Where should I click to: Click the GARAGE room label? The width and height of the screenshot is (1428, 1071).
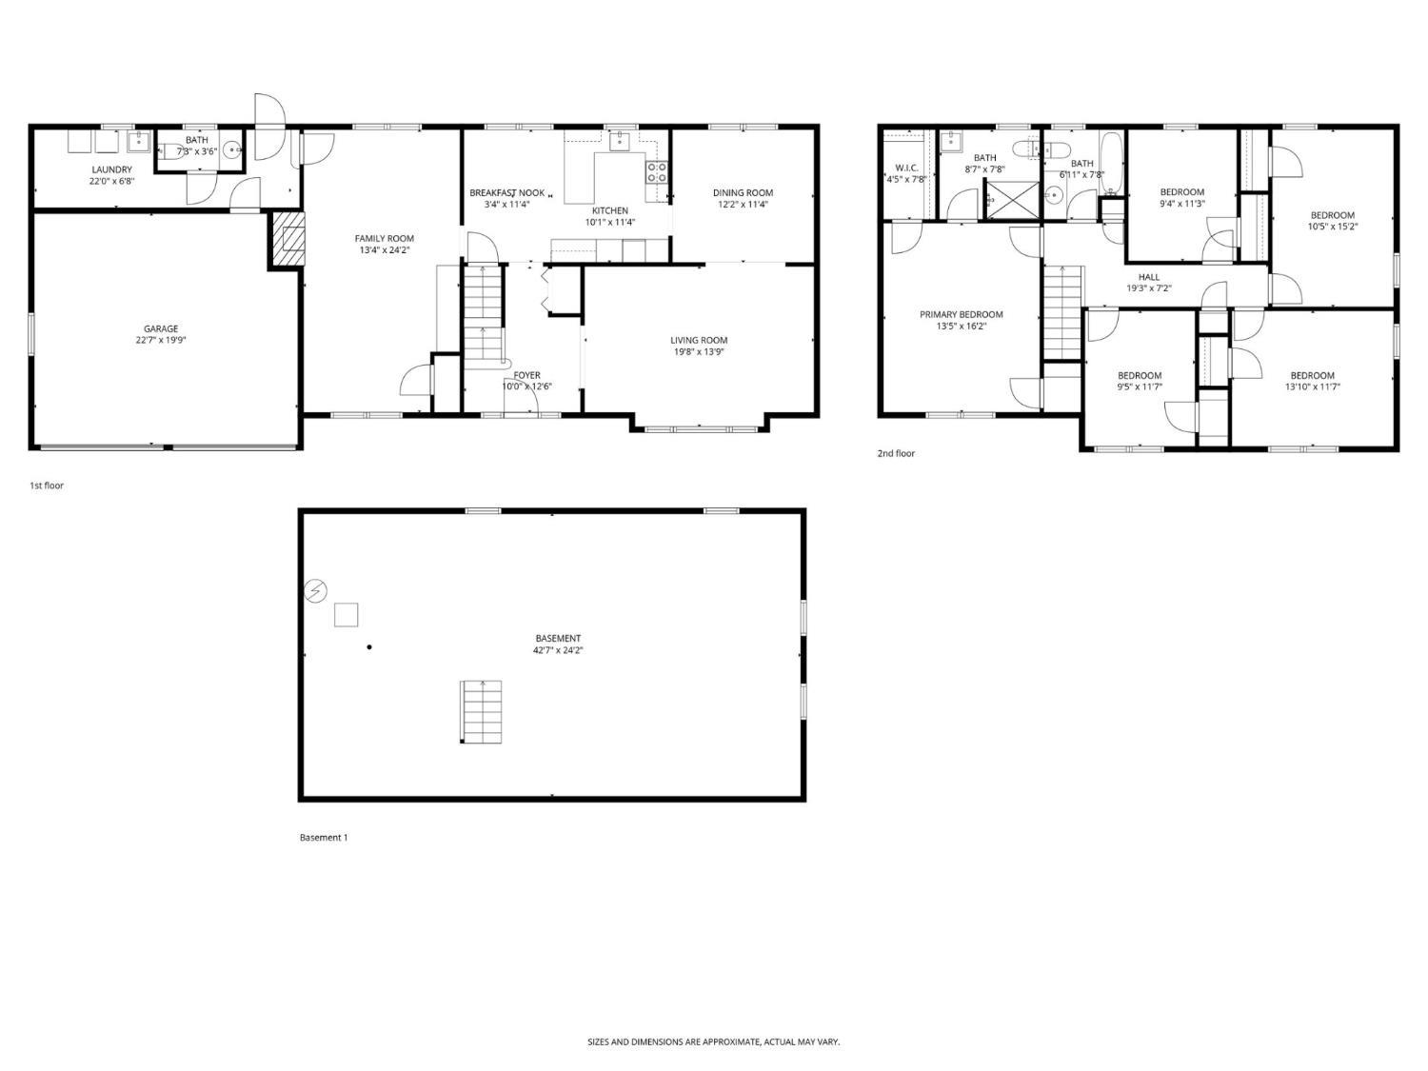coord(161,328)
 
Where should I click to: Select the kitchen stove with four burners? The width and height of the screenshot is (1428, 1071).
coord(657,172)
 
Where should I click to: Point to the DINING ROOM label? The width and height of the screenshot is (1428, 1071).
coord(743,192)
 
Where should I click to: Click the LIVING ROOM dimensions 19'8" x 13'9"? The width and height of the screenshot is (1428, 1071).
coord(699,352)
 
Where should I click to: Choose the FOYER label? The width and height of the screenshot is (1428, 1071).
coord(526,375)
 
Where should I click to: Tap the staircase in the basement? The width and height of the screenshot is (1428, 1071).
coord(482,712)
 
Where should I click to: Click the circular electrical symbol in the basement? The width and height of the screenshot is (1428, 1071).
coord(316,591)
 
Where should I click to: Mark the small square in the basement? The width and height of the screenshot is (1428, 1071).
coord(346,615)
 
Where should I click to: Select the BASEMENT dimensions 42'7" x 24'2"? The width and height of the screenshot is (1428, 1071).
coord(558,650)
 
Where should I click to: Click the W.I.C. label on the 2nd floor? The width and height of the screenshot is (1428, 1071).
coord(905,168)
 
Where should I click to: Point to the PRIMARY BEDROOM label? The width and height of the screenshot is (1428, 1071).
coord(961,314)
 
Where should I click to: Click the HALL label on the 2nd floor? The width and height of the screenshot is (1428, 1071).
coord(1149,277)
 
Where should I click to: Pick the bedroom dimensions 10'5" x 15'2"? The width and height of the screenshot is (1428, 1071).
coord(1332,227)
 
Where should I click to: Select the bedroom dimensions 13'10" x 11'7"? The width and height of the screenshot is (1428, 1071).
coord(1312,387)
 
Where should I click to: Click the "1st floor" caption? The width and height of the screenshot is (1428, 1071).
coord(47,486)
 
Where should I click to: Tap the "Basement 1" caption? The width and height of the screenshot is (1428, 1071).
coord(324,838)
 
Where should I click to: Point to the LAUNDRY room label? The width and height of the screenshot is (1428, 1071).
coord(111,169)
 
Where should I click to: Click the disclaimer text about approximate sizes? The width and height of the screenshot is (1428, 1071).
coord(713,1042)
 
